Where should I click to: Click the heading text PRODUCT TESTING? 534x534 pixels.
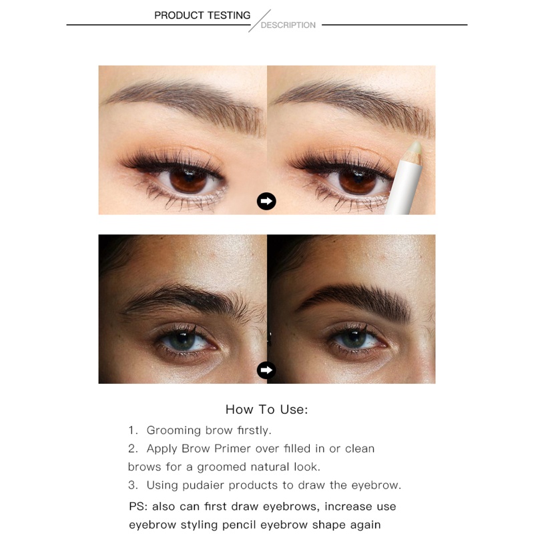(x=202, y=15)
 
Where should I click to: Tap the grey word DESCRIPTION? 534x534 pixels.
(x=288, y=25)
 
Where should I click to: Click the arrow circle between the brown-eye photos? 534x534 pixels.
(x=266, y=202)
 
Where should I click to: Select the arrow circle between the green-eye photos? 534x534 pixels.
(x=266, y=370)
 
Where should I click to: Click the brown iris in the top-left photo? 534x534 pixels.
(x=188, y=180)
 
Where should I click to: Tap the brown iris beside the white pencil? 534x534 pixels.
(x=358, y=181)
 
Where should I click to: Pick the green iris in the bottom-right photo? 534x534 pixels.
(x=354, y=339)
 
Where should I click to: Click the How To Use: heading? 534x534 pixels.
(x=266, y=409)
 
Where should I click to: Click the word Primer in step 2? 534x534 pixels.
(x=233, y=449)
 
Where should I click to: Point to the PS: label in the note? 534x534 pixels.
(x=138, y=507)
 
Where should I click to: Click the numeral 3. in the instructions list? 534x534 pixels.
(x=133, y=485)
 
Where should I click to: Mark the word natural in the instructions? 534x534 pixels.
(x=270, y=467)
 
